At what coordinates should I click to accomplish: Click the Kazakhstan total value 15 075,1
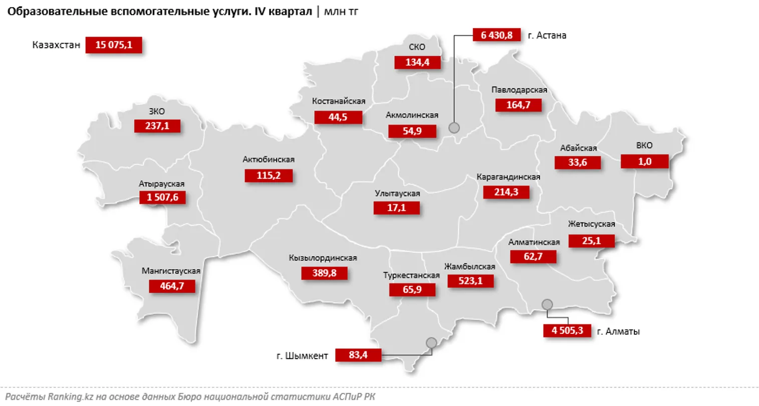click(114, 45)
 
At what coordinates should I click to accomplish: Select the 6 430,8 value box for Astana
click(496, 35)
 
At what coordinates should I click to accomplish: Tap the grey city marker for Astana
click(454, 127)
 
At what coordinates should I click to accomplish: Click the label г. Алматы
click(618, 331)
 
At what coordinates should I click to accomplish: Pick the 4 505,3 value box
click(567, 331)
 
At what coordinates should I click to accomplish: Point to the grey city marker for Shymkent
click(431, 343)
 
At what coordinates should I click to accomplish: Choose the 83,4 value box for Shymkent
click(358, 355)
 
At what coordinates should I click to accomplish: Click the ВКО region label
click(644, 145)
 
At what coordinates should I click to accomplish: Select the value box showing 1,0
click(644, 161)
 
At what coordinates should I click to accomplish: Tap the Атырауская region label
click(161, 184)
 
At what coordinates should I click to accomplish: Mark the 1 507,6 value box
click(162, 197)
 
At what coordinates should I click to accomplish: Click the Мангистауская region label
click(171, 271)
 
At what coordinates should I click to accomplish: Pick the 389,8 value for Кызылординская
click(324, 273)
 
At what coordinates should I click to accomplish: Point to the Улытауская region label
click(397, 193)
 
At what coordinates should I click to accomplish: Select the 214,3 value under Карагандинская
click(506, 192)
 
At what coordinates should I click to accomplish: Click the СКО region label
click(417, 47)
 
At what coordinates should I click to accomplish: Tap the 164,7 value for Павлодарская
click(518, 105)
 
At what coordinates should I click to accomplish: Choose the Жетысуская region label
click(591, 224)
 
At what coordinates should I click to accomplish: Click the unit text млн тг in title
click(341, 12)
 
